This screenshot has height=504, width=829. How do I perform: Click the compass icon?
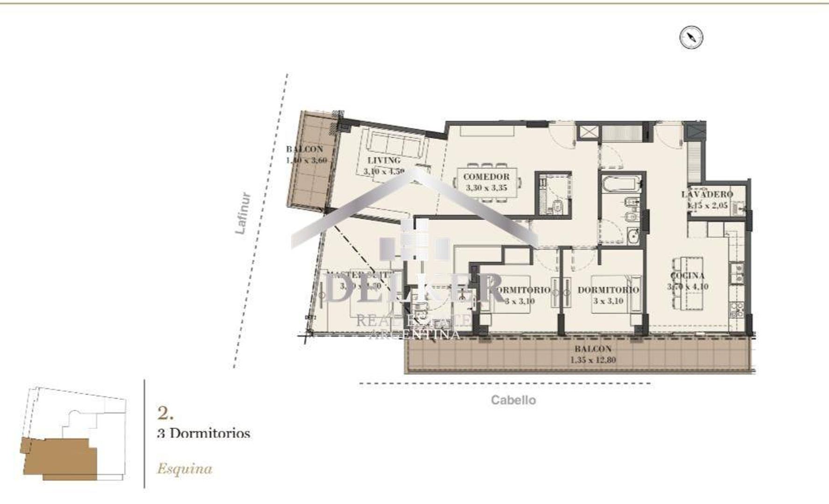tap(691, 37)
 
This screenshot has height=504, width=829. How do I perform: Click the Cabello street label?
tap(513, 400)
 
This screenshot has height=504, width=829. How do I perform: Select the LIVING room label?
tap(384, 161)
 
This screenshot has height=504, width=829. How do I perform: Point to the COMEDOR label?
tap(486, 177)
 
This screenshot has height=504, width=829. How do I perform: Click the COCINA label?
tap(687, 276)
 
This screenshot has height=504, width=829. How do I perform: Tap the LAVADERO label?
tap(707, 194)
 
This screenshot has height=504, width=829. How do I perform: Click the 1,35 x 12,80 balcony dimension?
tap(593, 360)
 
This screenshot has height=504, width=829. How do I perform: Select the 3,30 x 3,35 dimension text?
tap(486, 188)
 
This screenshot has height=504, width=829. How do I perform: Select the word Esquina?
tap(184, 469)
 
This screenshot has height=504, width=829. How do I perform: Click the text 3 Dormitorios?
tap(204, 433)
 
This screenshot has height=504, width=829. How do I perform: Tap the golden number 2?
tap(165, 413)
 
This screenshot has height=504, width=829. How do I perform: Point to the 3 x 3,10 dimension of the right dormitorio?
tap(608, 301)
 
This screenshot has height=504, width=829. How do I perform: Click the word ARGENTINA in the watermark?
tap(414, 334)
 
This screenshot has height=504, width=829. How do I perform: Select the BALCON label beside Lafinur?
tap(304, 149)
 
